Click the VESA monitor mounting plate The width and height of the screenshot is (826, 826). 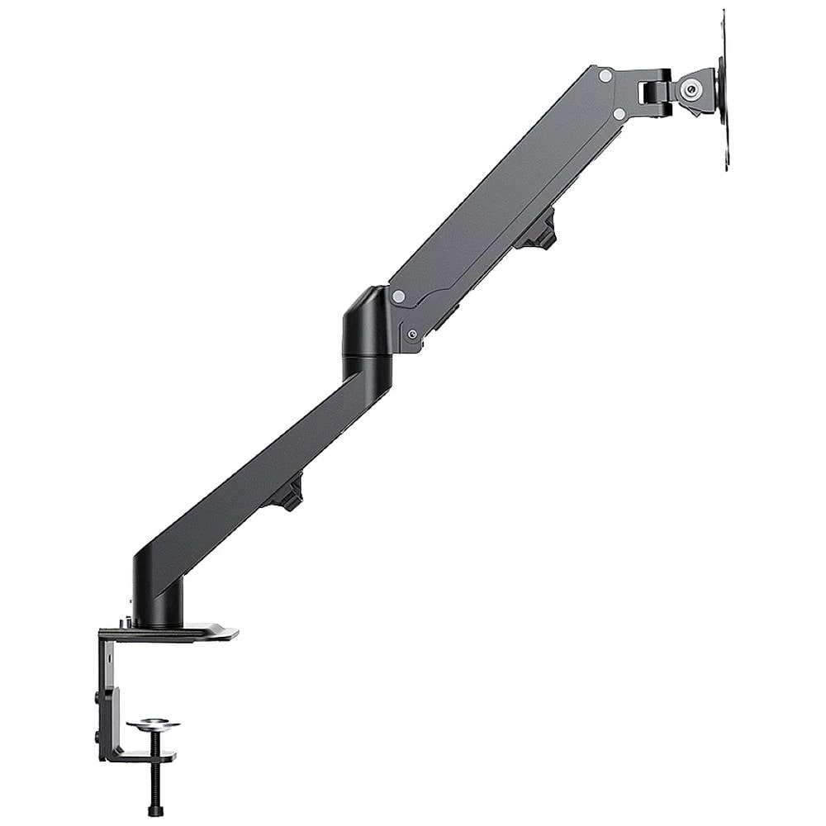click(x=724, y=91)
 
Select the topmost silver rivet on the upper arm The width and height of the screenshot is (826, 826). click(x=605, y=75)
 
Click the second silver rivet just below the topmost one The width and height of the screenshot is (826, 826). click(x=619, y=113)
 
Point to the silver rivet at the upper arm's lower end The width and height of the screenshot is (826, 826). click(x=399, y=295)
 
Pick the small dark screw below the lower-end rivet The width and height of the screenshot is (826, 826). click(x=412, y=334)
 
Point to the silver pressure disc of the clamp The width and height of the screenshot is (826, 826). click(x=153, y=725)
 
